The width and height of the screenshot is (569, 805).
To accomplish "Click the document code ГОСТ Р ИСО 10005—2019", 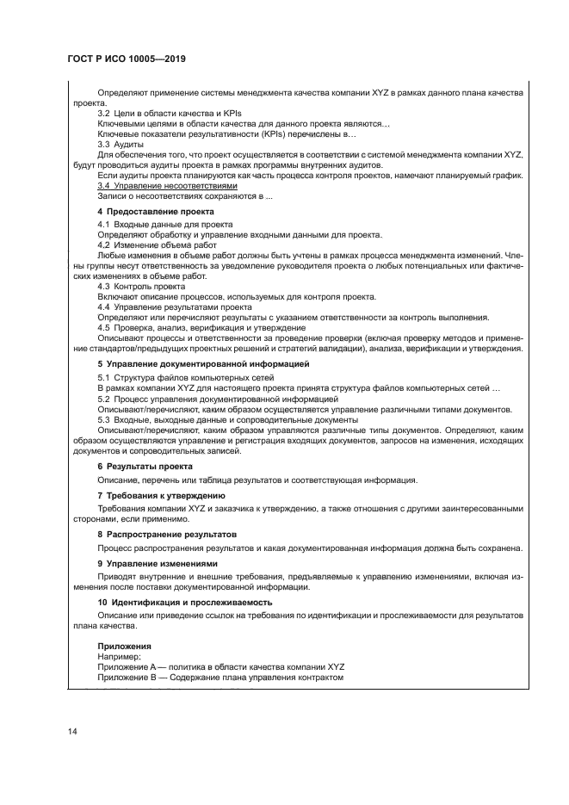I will [127, 59].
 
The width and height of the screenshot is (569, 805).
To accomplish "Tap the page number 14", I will [73, 732].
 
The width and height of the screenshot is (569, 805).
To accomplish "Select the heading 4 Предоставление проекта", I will [155, 211].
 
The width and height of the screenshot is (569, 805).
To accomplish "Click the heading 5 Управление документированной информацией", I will [202, 365].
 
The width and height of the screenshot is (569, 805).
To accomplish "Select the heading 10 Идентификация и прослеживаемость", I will [184, 603].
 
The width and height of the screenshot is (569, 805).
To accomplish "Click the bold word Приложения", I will [125, 646].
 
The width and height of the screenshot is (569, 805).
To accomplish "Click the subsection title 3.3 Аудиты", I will [121, 144].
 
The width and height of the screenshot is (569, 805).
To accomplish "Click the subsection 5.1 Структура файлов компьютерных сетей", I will [185, 378].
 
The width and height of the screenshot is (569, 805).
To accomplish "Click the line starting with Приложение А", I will [208, 666].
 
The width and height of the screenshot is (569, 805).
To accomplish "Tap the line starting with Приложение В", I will [220, 677].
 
